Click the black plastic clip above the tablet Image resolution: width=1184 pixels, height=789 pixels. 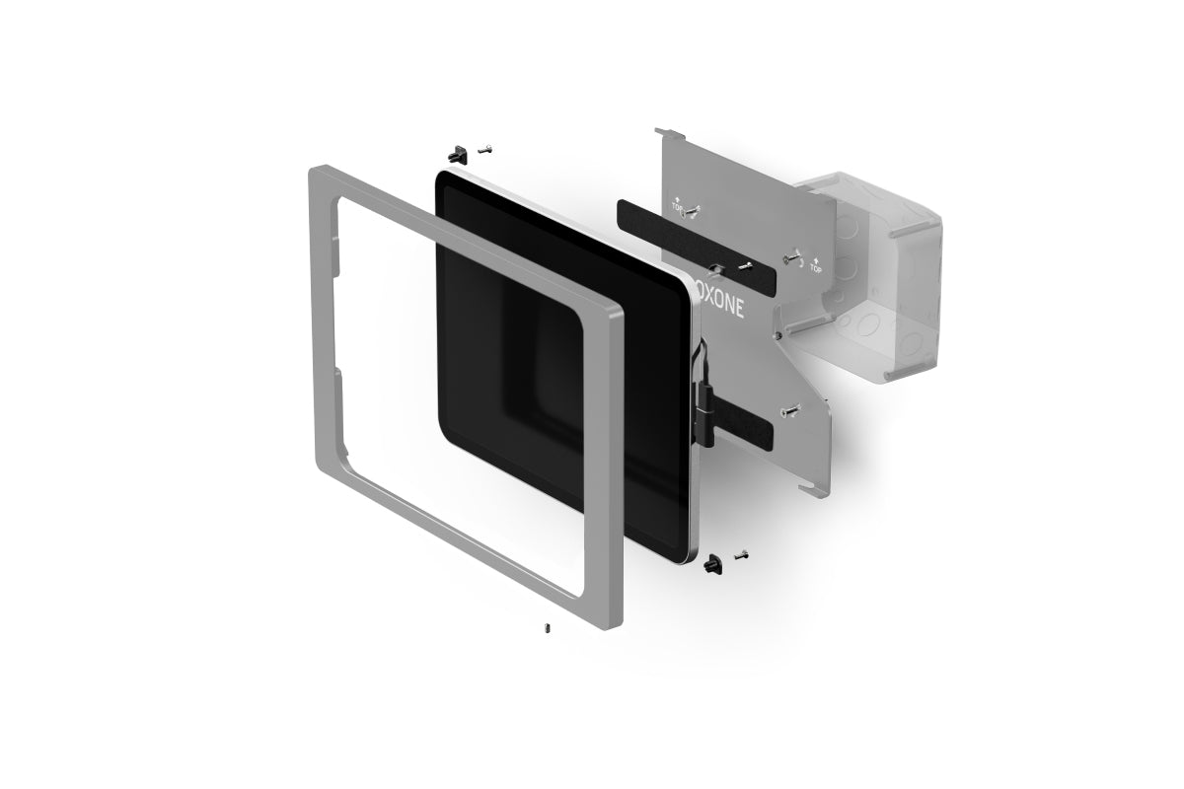[457, 154]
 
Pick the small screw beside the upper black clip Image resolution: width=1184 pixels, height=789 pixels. [483, 149]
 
